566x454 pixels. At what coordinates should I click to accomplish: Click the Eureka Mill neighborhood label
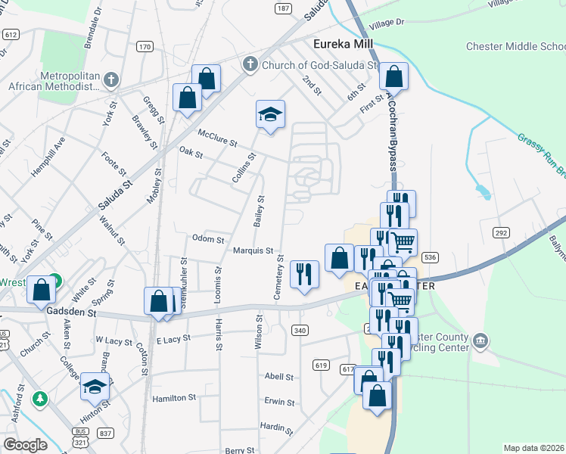click(x=345, y=45)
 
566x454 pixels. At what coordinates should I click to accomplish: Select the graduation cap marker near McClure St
click(x=270, y=115)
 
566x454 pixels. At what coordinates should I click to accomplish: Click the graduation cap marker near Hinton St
click(x=95, y=386)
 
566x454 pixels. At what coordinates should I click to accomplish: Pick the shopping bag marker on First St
click(x=393, y=76)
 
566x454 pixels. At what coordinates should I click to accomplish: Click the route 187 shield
click(x=283, y=8)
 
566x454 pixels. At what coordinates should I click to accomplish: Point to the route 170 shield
click(x=145, y=47)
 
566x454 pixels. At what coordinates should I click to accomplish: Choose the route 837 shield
click(x=106, y=433)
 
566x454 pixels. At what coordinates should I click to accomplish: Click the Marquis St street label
click(x=253, y=250)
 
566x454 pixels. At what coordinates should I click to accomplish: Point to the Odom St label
click(x=208, y=239)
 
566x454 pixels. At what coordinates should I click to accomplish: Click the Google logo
click(x=25, y=446)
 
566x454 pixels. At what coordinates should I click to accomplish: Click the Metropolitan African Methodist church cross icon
click(x=111, y=79)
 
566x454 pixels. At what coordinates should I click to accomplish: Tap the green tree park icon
click(x=40, y=398)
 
